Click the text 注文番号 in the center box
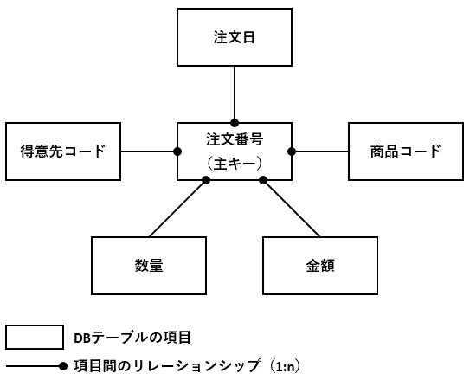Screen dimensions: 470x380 point(235,139)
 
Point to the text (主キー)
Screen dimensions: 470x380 point(235,164)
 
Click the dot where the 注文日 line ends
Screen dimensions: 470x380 point(235,123)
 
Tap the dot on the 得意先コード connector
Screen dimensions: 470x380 point(177,151)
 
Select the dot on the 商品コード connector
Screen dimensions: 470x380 point(292,151)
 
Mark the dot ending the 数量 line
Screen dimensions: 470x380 point(206,180)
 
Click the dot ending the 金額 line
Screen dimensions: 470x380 point(263,180)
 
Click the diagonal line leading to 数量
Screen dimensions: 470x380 point(177,209)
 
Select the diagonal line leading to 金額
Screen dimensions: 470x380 point(292,209)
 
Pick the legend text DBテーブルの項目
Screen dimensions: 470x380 point(132,338)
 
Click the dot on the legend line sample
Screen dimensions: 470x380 point(63,366)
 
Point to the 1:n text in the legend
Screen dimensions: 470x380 point(285,367)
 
